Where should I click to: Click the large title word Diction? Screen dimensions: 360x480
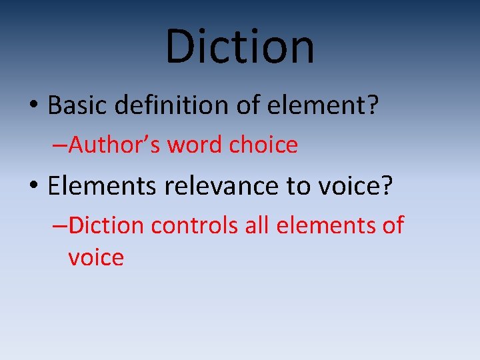coord(240,47)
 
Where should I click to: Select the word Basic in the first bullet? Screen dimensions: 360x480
coord(73,105)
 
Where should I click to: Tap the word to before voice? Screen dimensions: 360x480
coord(299,187)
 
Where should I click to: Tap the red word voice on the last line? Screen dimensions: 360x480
coord(96,257)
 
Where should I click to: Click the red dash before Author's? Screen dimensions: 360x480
coord(59,145)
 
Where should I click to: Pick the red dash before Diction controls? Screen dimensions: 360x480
coord(59,227)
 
